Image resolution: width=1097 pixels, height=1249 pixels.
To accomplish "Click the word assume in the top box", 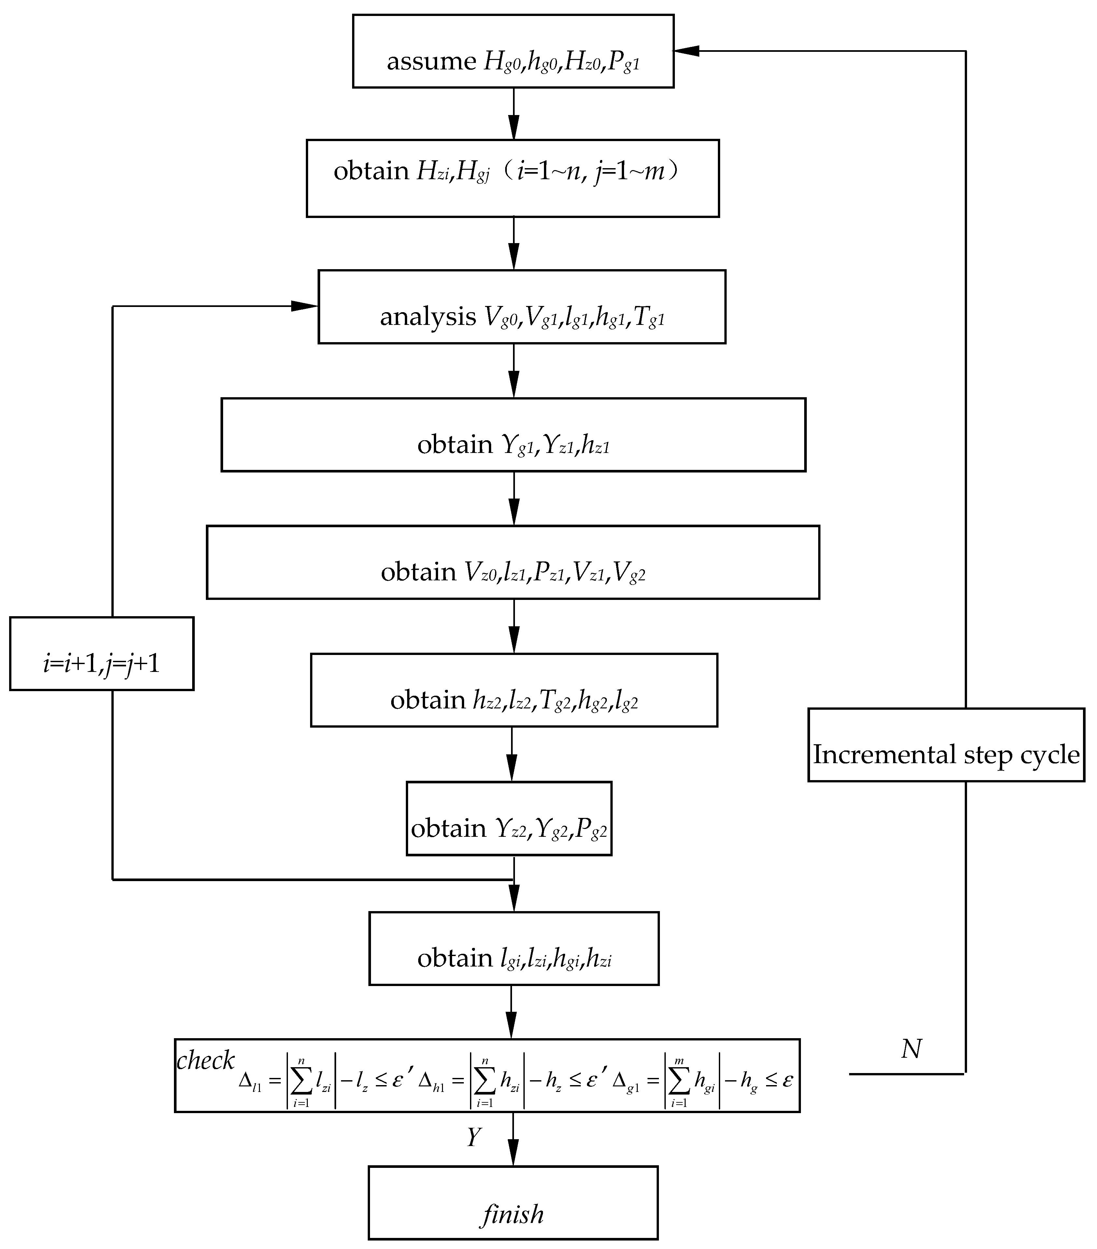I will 431,62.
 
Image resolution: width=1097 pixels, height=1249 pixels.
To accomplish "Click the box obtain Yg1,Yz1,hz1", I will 513,435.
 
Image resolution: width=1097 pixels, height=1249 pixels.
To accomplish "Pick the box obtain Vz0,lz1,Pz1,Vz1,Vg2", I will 513,562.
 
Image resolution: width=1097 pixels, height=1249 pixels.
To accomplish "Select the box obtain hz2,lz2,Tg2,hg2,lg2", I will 514,690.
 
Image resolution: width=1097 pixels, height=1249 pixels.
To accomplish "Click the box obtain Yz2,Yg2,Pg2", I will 509,818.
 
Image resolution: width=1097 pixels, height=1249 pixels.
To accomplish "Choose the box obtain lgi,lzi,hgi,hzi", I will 514,948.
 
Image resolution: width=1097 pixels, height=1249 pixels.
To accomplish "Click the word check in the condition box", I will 205,1060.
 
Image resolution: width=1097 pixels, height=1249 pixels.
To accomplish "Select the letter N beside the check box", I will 911,1049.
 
